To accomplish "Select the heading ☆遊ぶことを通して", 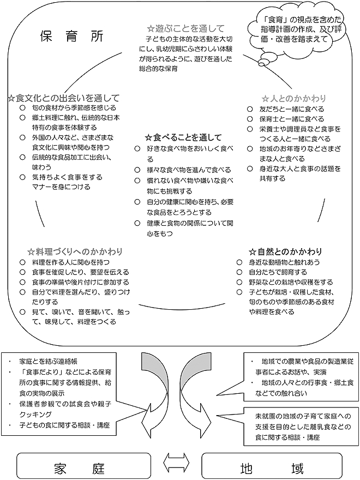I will point(185,28).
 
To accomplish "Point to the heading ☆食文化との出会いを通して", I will point(63,98).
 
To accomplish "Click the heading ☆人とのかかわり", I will point(293,98).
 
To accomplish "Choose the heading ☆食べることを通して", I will point(183,137).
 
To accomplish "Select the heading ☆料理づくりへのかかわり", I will point(75,252).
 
